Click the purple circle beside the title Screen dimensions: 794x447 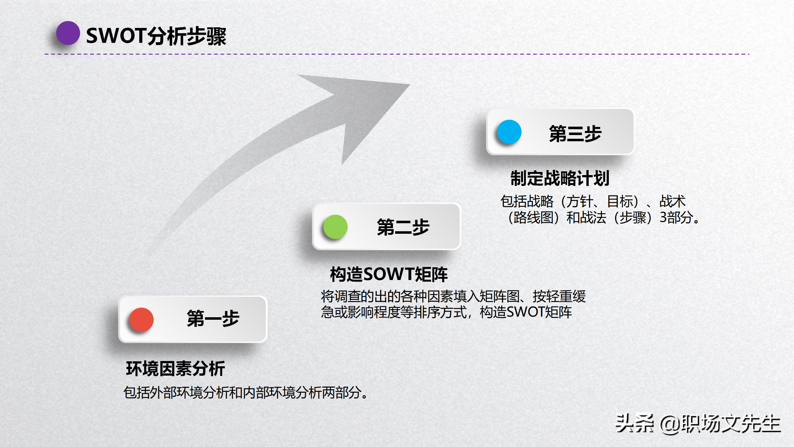point(68,33)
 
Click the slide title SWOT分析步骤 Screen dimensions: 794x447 point(156,36)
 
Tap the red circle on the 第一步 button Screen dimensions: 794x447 point(141,319)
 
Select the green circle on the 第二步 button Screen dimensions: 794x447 point(335,227)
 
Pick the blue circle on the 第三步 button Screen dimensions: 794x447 point(509,132)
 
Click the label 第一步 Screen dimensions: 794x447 point(213,318)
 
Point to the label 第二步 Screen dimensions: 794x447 point(403,227)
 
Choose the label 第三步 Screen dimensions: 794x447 point(575,134)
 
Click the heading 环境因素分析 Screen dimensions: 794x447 point(176,369)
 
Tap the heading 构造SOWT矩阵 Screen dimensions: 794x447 point(389,274)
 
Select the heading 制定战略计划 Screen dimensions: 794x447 point(560,178)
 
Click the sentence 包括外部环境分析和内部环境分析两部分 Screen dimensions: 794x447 point(242,393)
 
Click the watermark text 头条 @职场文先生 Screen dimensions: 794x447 point(698,424)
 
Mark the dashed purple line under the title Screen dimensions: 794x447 point(397,54)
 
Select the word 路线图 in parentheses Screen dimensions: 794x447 point(533,218)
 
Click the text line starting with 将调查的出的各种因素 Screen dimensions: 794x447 point(453,296)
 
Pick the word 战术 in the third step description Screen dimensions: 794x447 point(672,201)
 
